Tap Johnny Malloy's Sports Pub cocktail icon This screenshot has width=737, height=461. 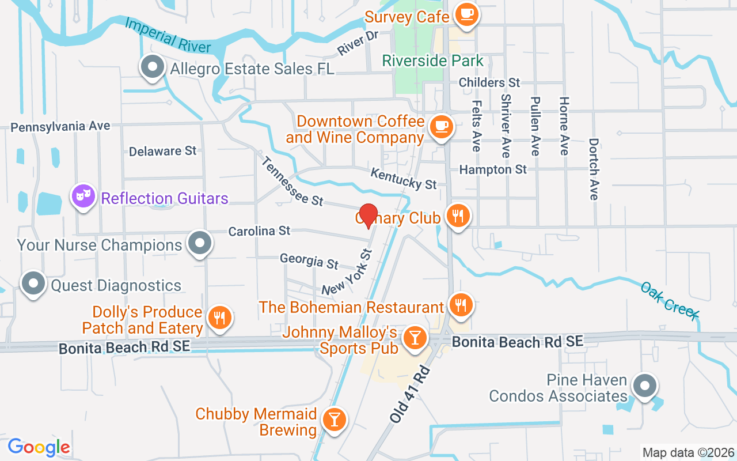413,337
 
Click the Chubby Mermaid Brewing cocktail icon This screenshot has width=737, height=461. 333,419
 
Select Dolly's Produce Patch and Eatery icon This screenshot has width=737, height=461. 219,318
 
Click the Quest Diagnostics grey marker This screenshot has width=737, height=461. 33,283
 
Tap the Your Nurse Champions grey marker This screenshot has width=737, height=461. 200,243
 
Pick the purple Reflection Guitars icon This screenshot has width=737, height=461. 84,197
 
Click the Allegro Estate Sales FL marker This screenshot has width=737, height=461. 152,67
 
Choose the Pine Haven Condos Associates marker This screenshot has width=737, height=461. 644,386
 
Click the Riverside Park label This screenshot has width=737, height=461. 433,61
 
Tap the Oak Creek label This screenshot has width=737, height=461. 670,300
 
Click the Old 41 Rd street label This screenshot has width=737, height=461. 409,394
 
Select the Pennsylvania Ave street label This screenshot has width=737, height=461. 60,126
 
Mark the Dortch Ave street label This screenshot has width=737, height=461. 594,169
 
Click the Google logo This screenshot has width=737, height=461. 39,447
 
